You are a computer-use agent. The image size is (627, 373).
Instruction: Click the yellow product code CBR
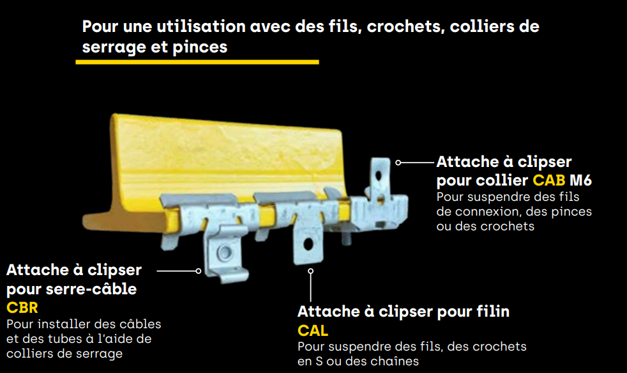click(x=22, y=308)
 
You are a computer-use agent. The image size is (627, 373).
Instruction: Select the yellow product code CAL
click(x=313, y=331)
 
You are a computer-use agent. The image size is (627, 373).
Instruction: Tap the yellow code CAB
click(x=549, y=180)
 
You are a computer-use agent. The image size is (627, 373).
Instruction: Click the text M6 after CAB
click(x=580, y=180)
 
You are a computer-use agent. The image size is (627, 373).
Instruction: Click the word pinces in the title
click(x=200, y=47)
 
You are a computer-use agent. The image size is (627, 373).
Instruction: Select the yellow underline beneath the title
click(x=197, y=62)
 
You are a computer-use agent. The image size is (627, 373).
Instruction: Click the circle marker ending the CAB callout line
click(x=398, y=163)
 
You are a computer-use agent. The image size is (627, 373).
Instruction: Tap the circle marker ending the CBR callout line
click(x=199, y=271)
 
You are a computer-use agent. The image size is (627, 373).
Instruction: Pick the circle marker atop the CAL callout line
click(x=311, y=271)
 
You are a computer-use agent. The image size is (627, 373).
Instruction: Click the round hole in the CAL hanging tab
click(x=308, y=244)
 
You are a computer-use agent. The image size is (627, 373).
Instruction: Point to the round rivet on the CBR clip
click(x=224, y=253)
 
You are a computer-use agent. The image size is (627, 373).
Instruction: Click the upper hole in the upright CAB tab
click(x=379, y=176)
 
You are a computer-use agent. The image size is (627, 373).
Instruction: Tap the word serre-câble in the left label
click(x=91, y=289)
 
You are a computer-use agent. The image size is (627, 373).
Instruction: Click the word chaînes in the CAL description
click(x=396, y=361)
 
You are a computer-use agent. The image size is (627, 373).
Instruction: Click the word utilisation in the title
click(x=201, y=27)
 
